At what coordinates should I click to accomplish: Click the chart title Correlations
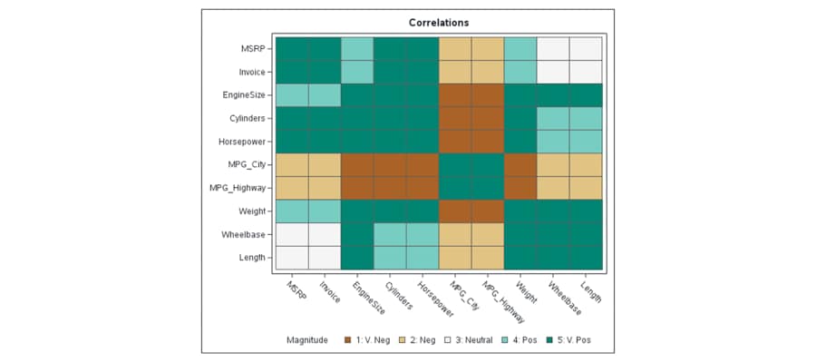(439, 22)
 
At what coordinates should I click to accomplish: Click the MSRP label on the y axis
(253, 49)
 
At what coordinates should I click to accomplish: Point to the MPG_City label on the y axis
(248, 164)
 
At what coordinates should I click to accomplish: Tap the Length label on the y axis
(251, 257)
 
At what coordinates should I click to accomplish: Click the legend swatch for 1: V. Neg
(349, 340)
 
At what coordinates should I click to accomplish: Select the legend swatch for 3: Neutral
(448, 340)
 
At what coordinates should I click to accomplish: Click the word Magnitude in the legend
(306, 340)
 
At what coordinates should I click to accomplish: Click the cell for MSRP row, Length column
(587, 49)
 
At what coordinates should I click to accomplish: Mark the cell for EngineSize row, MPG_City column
(455, 95)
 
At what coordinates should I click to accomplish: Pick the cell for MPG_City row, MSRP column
(292, 164)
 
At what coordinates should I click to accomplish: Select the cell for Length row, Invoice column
(325, 257)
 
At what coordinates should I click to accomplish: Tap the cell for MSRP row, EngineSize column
(357, 49)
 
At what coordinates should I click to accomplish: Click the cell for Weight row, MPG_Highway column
(488, 211)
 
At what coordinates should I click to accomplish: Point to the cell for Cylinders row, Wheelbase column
(553, 118)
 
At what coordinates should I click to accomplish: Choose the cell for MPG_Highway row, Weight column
(520, 188)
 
